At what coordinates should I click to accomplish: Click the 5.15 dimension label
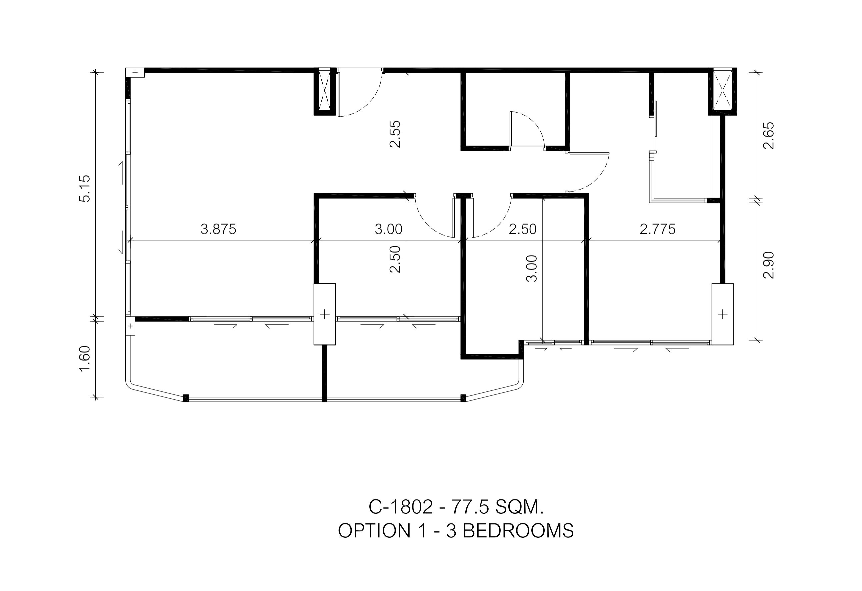click(x=85, y=189)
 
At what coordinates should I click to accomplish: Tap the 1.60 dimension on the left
click(x=85, y=359)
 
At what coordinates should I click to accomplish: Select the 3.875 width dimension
click(x=218, y=229)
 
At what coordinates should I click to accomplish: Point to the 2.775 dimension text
click(x=658, y=229)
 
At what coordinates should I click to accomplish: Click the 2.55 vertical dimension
click(x=395, y=134)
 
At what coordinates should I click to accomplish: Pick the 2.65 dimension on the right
click(x=769, y=135)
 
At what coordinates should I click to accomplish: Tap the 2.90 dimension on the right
click(x=769, y=265)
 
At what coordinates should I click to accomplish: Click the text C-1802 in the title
click(x=401, y=507)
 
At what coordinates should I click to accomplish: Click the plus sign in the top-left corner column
click(x=135, y=73)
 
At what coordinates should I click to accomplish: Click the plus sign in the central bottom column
click(x=325, y=314)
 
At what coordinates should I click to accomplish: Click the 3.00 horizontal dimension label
click(x=388, y=229)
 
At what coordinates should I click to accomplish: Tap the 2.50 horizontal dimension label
click(x=523, y=229)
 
